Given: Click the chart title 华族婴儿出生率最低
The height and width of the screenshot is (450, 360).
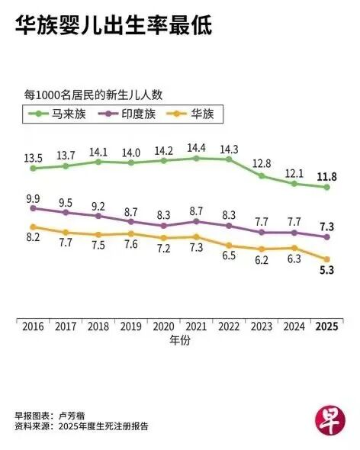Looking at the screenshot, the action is (x=114, y=25).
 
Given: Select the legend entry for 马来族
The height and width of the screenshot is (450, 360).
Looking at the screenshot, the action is (x=57, y=114).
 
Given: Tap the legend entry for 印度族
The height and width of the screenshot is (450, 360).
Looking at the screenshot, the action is (x=127, y=114).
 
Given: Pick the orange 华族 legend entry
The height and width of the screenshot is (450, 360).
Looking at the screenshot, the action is (x=190, y=114).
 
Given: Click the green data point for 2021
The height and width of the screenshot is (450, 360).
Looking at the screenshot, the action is (x=196, y=159).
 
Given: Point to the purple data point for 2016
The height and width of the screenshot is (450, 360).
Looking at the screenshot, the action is (x=33, y=208).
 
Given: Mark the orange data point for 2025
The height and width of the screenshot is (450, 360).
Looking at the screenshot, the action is (x=326, y=259).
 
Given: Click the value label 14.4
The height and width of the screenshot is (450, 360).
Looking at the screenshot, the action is (x=196, y=148).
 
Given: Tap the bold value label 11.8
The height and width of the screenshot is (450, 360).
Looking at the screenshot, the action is (x=326, y=177).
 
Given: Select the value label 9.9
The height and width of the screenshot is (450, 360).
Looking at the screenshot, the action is (x=33, y=199).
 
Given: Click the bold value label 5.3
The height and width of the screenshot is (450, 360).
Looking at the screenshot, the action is (x=326, y=270).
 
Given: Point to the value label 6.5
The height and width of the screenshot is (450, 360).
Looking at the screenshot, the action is (x=229, y=256).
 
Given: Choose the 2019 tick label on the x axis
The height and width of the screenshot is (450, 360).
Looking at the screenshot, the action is (x=131, y=326).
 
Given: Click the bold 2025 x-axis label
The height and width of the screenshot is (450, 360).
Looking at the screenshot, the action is (x=326, y=326).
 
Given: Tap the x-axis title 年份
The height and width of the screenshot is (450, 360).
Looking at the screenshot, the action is (x=180, y=341).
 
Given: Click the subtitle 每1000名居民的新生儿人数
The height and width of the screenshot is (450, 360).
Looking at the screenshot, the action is (x=93, y=95).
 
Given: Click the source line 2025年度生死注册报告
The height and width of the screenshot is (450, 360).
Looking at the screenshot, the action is (x=104, y=426).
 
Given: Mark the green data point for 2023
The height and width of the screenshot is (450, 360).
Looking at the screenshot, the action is (x=262, y=176).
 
